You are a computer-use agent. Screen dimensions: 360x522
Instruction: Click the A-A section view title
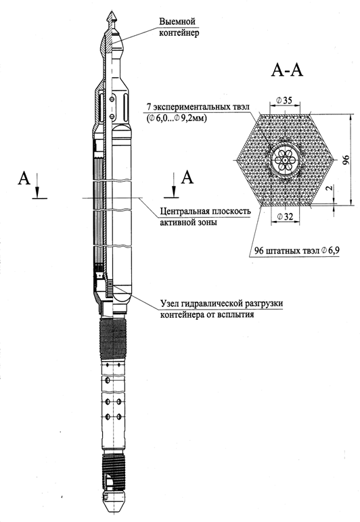(287, 70)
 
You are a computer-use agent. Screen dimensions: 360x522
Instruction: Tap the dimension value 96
(346, 160)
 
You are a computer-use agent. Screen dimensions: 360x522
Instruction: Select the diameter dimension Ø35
(284, 100)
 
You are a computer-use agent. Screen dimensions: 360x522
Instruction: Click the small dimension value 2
(330, 188)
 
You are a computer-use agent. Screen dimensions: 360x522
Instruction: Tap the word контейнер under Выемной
(179, 33)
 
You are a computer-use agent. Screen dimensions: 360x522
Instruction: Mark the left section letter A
(24, 178)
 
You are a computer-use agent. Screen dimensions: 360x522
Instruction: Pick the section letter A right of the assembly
(187, 177)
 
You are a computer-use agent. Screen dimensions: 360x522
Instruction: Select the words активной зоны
(189, 222)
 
